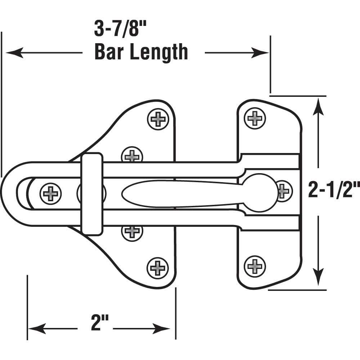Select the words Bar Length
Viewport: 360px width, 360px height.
coord(141,53)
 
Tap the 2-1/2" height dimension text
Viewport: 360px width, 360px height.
coord(334,190)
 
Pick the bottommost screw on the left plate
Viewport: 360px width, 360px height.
coord(158,268)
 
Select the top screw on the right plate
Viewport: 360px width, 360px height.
coord(255,118)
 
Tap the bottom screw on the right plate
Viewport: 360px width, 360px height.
coord(255,266)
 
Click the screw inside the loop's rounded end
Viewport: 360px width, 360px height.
coord(50,194)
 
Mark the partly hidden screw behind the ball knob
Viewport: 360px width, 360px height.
coord(284,190)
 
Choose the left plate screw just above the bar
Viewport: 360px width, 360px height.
coord(132,155)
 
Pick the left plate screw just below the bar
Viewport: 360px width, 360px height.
coord(132,231)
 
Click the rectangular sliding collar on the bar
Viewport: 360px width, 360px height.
coord(92,194)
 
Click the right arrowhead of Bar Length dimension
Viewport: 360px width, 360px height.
coord(262,53)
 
